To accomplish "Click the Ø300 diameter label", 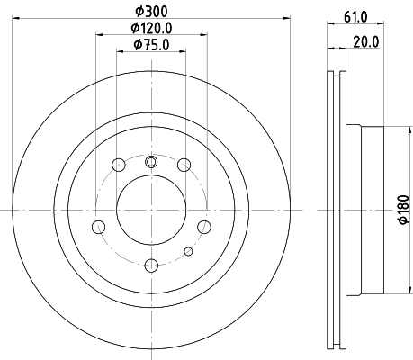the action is click(x=151, y=12).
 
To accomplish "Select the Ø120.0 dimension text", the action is click(x=151, y=29).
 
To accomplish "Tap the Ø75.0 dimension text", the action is click(x=151, y=45).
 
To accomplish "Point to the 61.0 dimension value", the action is click(x=355, y=17).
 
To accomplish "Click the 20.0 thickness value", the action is click(x=366, y=42).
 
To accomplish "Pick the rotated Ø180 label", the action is click(x=404, y=210).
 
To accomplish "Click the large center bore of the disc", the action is click(x=151, y=210).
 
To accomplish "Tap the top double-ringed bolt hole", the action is click(x=151, y=162).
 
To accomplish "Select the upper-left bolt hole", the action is click(x=119, y=165).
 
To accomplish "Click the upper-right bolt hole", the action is click(x=184, y=165).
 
